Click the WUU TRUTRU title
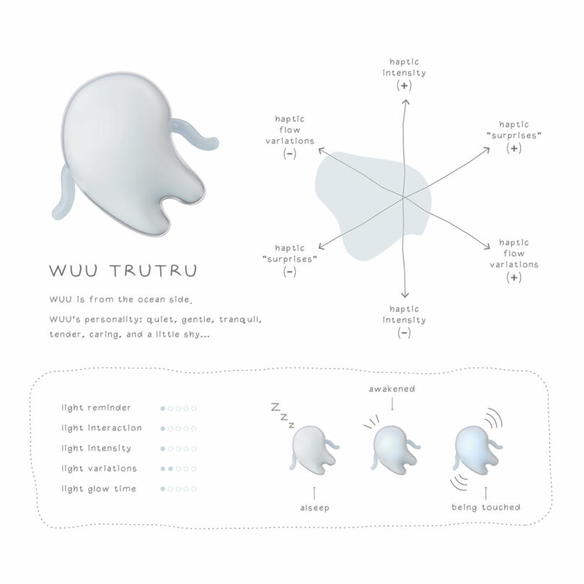coord(123,271)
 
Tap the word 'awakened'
coord(391,389)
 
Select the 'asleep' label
coord(315,508)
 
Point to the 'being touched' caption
coord(486,508)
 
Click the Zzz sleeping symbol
coord(283,415)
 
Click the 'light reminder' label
coord(96,408)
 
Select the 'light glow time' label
coord(99,489)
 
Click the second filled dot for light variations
coord(171,469)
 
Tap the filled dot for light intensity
coord(163,448)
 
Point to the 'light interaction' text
coord(102,428)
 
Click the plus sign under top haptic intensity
coord(404,86)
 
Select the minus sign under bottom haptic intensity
coord(404,332)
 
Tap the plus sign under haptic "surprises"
coord(514,149)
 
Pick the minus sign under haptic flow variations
coord(290,154)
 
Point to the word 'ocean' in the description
coord(152,299)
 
